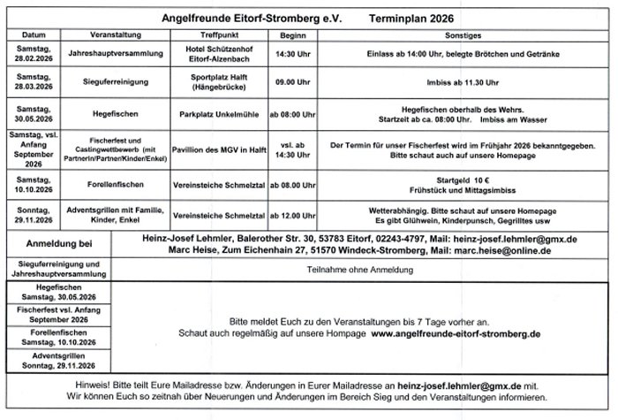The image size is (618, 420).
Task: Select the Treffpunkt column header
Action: [217, 34]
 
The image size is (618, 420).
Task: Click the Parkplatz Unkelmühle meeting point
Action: [217, 114]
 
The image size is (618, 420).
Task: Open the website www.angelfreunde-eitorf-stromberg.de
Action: [456, 336]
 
